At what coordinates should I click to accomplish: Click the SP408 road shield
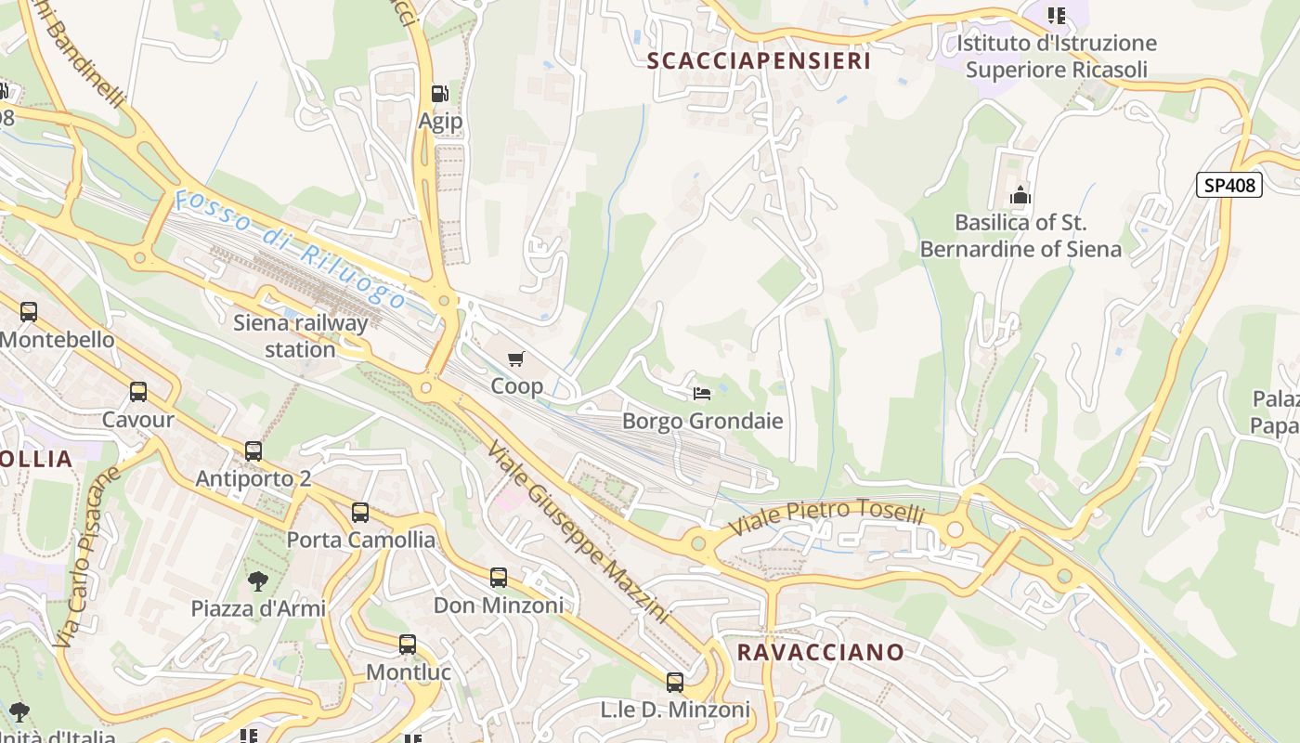(x=1229, y=185)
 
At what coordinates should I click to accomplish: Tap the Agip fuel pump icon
(x=440, y=94)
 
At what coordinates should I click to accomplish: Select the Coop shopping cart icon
(x=516, y=358)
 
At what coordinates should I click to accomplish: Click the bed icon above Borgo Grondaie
(x=702, y=394)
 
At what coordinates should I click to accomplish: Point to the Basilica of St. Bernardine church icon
(x=1020, y=196)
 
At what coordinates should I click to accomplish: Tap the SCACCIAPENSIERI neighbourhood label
(x=759, y=61)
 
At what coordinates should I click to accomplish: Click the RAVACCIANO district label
(x=820, y=652)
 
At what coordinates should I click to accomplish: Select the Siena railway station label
(x=300, y=336)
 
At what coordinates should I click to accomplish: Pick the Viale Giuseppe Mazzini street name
(x=577, y=530)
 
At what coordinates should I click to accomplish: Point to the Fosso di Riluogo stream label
(x=290, y=249)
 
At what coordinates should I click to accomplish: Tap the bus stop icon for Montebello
(x=29, y=312)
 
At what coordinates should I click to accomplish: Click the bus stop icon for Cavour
(x=138, y=392)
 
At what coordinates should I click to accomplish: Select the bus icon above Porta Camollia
(x=360, y=513)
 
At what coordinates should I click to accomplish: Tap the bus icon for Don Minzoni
(x=499, y=578)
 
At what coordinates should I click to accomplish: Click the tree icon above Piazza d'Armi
(x=258, y=581)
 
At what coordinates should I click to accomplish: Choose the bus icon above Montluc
(x=408, y=645)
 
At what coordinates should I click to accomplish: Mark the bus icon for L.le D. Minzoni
(x=675, y=683)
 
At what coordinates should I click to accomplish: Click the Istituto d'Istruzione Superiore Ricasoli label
(x=1057, y=56)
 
